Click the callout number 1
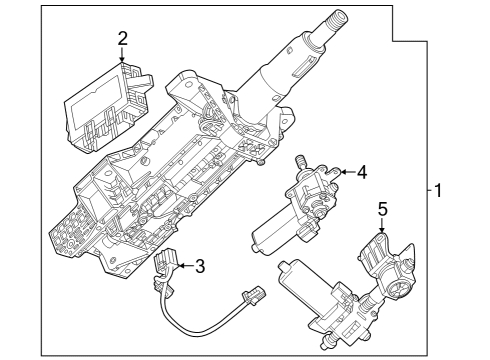click(441, 190)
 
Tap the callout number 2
click(122, 38)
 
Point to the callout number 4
click(361, 172)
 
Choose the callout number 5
click(381, 210)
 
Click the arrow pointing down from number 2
click(122, 56)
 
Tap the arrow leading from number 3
click(181, 265)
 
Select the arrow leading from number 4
click(344, 173)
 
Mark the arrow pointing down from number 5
click(381, 229)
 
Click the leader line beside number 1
click(429, 190)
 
